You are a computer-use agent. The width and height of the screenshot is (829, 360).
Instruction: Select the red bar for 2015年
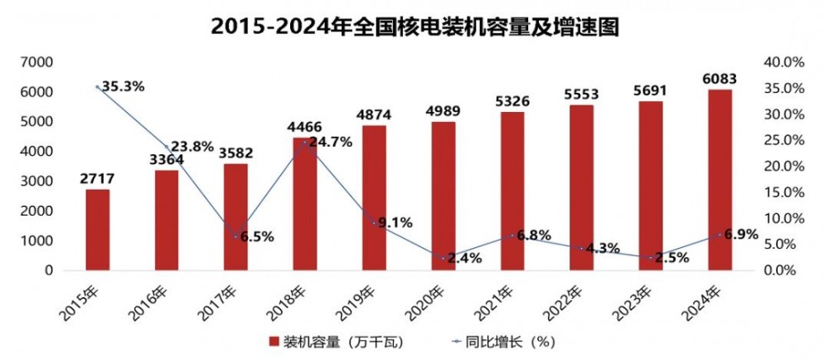coord(98,230)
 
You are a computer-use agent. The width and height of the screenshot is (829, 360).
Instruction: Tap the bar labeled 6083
coord(720,179)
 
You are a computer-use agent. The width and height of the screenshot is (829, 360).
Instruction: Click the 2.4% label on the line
coord(464,258)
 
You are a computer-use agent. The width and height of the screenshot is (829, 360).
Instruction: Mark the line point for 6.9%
coord(720,235)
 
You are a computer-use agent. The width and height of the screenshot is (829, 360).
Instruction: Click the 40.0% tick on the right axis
coord(784,62)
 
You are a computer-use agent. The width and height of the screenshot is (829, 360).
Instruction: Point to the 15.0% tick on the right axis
coord(784,192)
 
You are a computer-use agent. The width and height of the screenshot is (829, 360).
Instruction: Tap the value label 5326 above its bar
coord(512,102)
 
